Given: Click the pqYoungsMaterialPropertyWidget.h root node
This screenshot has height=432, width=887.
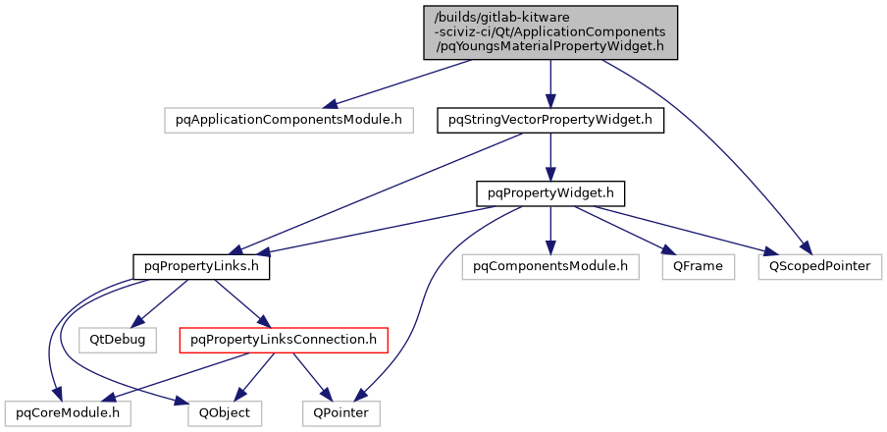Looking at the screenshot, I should [x=550, y=31].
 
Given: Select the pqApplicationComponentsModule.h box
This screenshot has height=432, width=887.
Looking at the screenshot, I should [x=288, y=120].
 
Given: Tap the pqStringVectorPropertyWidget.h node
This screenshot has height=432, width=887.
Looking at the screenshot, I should [x=550, y=120].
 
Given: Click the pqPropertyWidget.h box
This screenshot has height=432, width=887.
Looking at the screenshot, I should [x=550, y=192].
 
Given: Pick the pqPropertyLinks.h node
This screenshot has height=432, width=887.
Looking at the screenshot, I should [x=201, y=265].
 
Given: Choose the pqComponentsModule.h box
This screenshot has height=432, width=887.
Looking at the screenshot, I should [x=550, y=265].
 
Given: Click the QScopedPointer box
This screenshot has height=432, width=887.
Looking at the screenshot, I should [x=820, y=265].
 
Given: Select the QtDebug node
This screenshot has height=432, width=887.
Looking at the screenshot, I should [x=118, y=340].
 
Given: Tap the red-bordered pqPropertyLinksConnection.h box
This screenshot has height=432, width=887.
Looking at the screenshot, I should [x=283, y=340].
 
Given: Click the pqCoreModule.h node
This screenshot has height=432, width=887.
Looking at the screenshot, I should [x=67, y=413].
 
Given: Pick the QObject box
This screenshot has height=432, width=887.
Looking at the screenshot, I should [x=226, y=413].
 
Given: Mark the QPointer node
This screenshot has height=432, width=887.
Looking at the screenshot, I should [x=340, y=413].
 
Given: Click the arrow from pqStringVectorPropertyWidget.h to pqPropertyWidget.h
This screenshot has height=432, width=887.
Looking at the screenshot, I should [x=550, y=156].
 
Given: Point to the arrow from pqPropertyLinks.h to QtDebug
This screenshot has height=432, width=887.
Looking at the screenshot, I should [x=162, y=300].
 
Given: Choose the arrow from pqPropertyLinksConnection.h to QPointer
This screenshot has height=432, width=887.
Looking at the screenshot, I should [x=311, y=376].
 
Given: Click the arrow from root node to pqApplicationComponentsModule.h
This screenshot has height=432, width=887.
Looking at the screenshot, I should [x=402, y=82].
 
